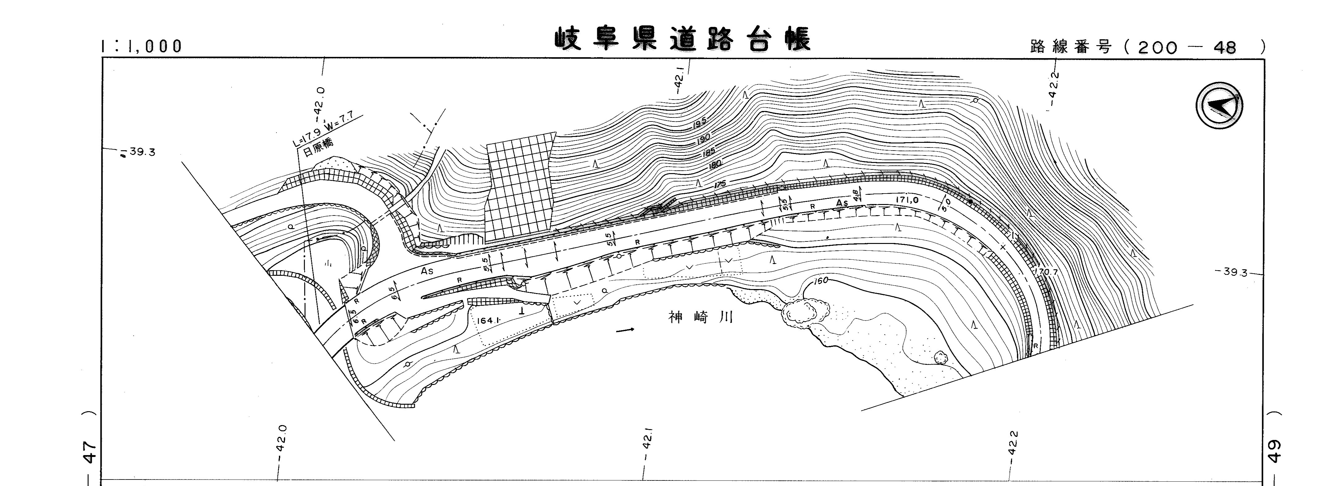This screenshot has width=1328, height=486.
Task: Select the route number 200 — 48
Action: [1186, 48]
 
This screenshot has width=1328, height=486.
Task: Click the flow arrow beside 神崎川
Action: [625, 330]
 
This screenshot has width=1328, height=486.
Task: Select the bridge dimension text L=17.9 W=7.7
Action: [326, 130]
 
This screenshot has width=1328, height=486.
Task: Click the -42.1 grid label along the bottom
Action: [648, 447]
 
